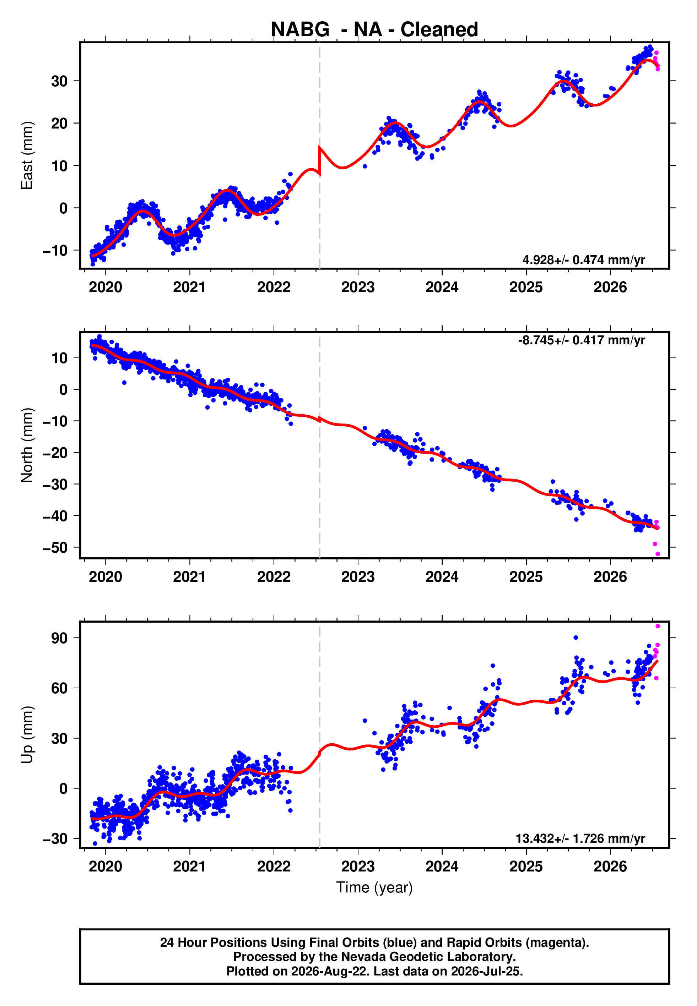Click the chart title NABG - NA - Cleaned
pos(374,30)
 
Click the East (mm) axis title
pos(27,155)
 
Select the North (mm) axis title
pos(27,445)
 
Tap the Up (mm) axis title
pos(27,735)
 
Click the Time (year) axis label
pos(374,888)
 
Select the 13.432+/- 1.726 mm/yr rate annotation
pos(580,838)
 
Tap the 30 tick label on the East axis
pos(59,81)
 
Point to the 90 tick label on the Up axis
pos(59,638)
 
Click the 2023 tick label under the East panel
pos(358,287)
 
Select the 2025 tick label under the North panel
pos(526,577)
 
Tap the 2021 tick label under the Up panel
pos(190,866)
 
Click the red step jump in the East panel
pos(320,162)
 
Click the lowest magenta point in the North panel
pos(658,554)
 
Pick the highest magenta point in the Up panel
pos(658,626)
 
